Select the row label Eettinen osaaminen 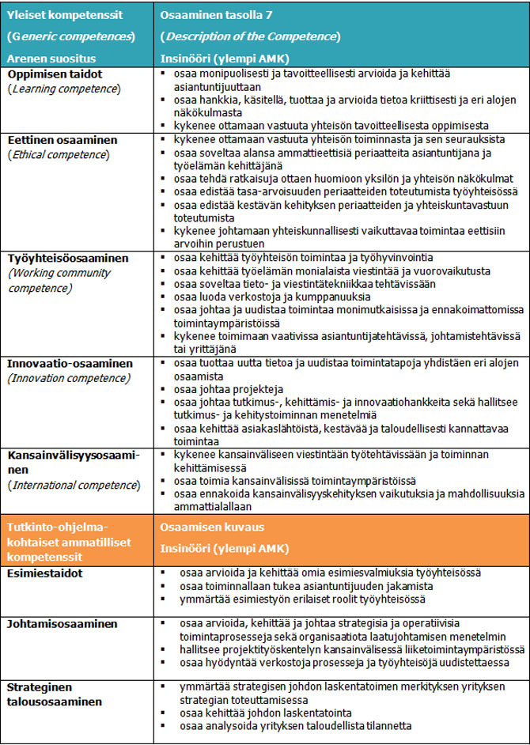click(x=62, y=139)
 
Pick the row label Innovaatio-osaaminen click(x=67, y=364)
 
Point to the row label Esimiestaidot click(x=46, y=573)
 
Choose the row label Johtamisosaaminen click(x=62, y=624)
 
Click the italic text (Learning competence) click(x=63, y=88)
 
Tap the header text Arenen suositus click(x=55, y=58)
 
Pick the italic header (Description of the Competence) click(x=251, y=36)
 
